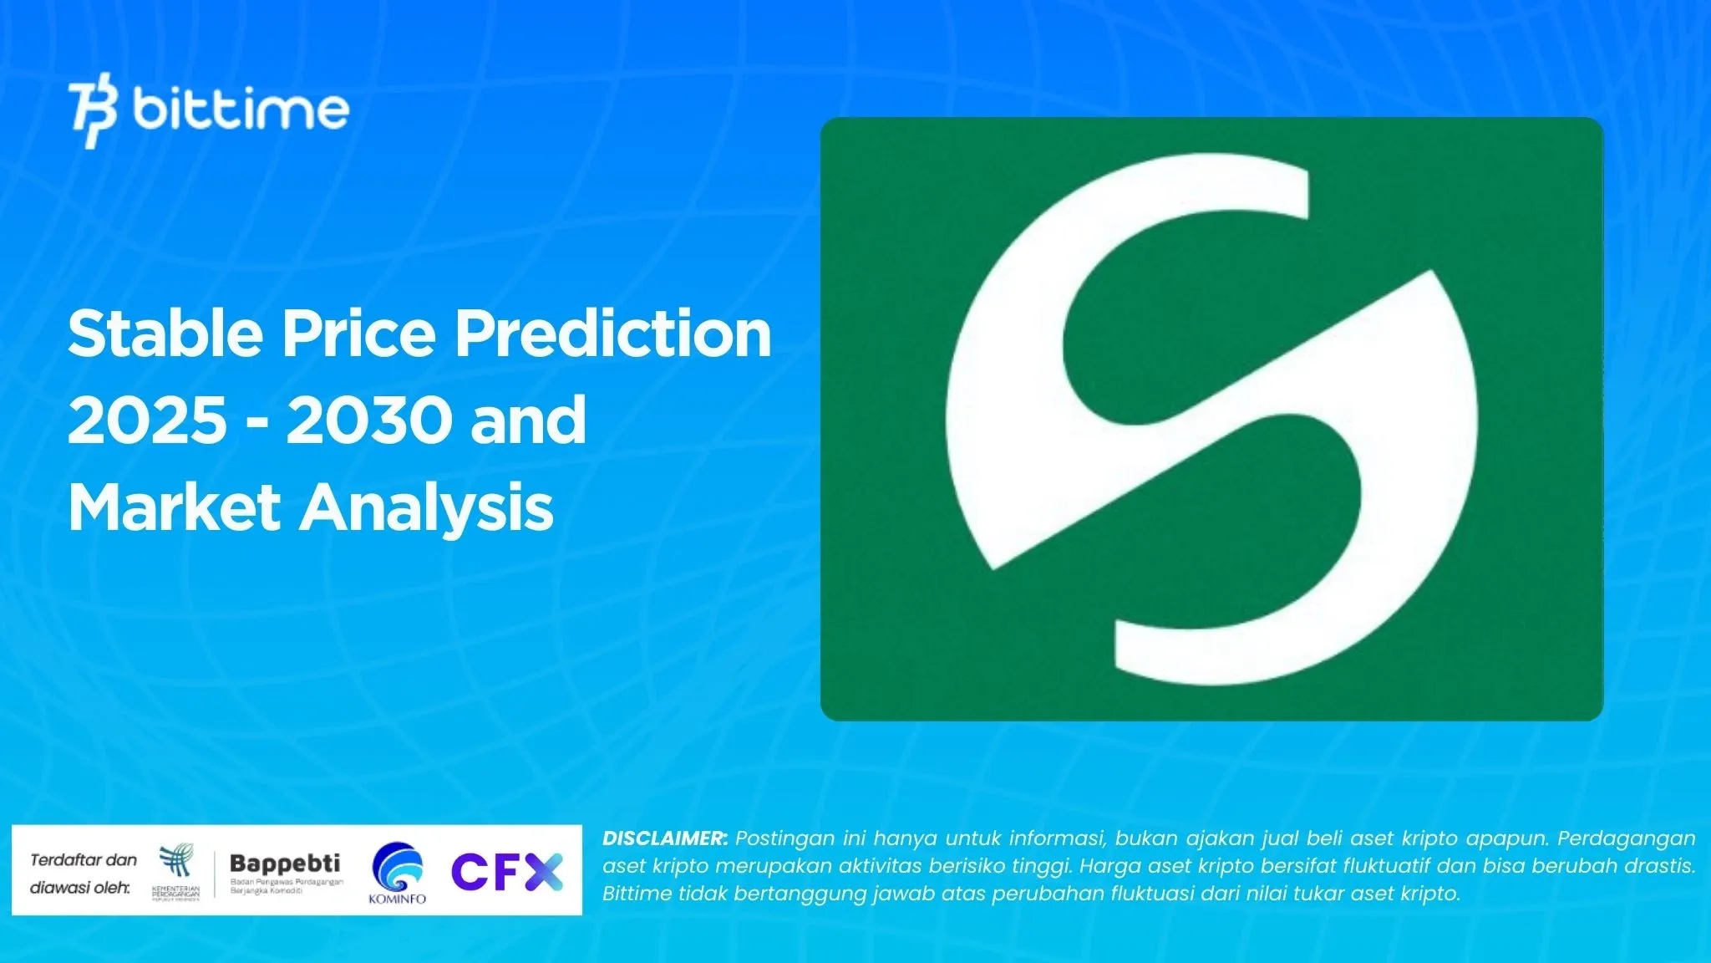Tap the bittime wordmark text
pos(241,110)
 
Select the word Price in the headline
pos(358,334)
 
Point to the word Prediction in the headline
pos(612,334)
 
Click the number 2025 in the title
pos(147,420)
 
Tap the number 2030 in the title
pos(366,420)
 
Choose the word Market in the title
pos(174,507)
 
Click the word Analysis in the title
pos(427,509)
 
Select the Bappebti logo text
pos(285,863)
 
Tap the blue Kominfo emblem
pos(398,867)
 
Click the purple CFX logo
pos(507,872)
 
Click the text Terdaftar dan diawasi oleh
pos(82,874)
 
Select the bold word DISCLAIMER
pos(665,838)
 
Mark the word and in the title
pos(528,420)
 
